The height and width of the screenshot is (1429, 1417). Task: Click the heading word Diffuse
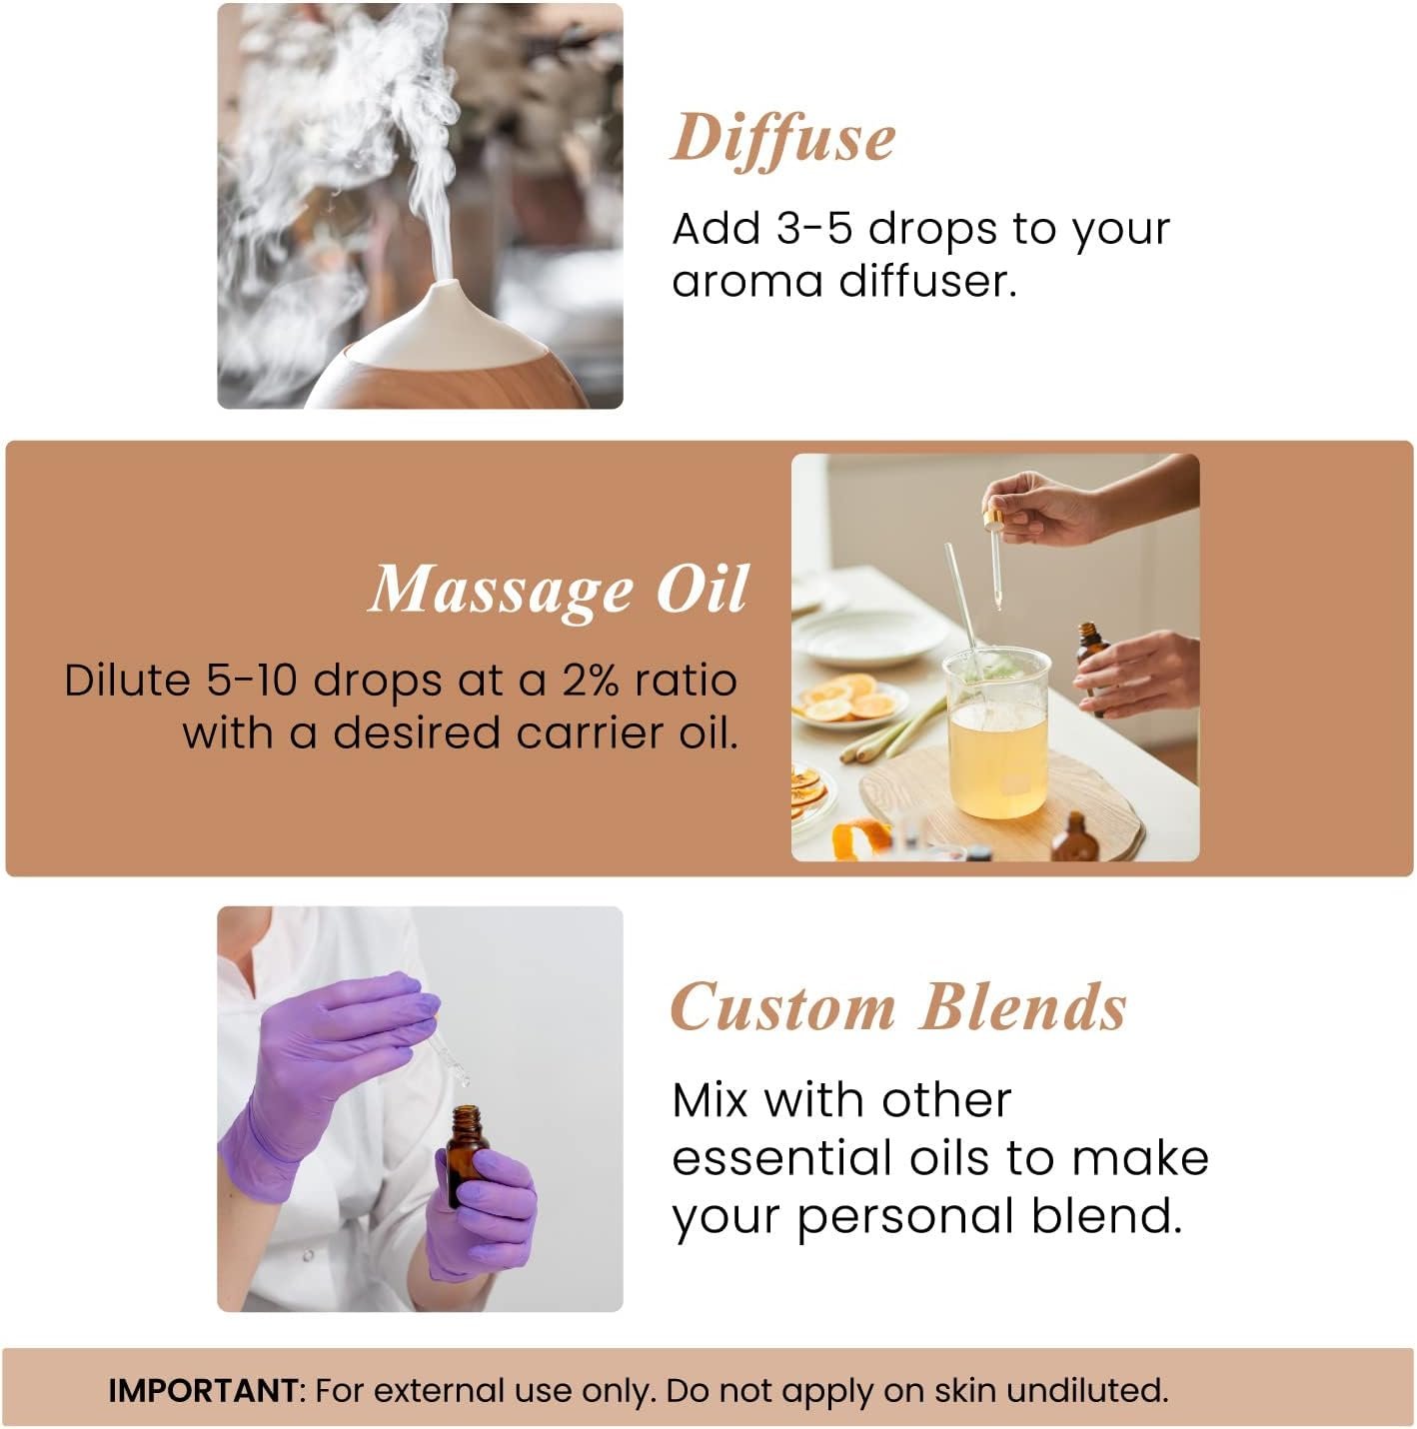[782, 139]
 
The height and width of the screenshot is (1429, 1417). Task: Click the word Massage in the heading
[501, 590]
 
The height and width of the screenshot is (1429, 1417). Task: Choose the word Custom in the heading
[782, 1007]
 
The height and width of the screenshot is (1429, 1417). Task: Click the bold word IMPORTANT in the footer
[203, 1390]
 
